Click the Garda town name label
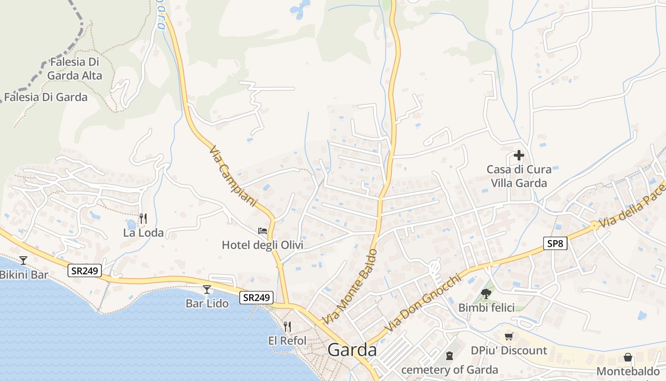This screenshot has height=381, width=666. pos(352,350)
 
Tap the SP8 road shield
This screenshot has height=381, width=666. pos(555,244)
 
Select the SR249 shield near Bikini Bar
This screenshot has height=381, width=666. pos(85,271)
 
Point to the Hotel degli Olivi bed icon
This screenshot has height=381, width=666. pos(263,231)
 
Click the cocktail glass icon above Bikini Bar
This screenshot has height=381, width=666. pos(23,261)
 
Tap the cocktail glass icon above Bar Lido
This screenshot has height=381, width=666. pos(206,289)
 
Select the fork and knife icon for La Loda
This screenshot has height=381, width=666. pos(143,219)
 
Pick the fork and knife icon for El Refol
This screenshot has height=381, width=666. pos(287,327)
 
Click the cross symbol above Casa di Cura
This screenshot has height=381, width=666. pos(519,155)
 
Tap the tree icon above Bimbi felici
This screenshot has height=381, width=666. pos(486,293)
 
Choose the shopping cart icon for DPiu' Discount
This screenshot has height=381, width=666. pos(509,337)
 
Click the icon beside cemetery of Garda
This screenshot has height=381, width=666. pos(449,356)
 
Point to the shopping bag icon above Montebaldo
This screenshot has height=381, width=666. pos(628,357)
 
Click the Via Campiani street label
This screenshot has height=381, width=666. pos(233,176)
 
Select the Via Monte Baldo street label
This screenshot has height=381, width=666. pos(350,287)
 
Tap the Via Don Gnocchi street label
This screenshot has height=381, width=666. pos(423,303)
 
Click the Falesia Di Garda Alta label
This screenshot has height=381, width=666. pos(75,69)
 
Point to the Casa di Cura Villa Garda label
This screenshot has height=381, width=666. pos(519,176)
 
